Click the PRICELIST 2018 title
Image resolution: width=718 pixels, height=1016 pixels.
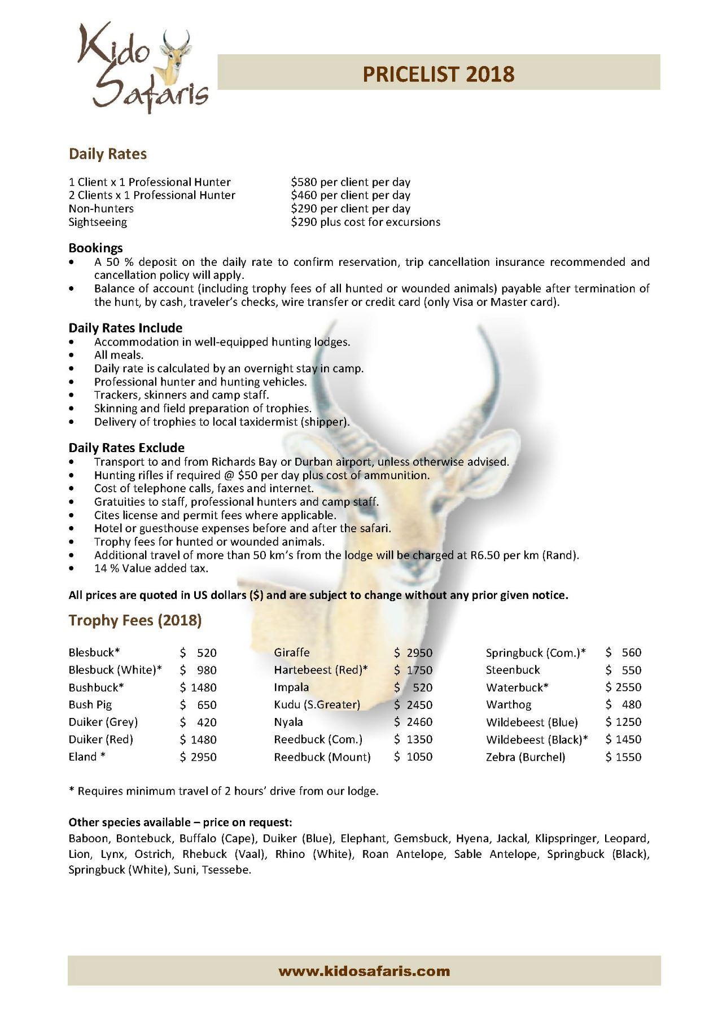coord(438,74)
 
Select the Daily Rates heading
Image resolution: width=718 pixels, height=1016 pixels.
coord(107,154)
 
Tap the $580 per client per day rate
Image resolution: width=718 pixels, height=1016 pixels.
coord(350,182)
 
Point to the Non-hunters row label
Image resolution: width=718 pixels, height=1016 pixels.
coord(101,209)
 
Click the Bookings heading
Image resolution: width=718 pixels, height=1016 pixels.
coord(95,248)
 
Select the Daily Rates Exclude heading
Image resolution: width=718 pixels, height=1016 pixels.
coord(126,448)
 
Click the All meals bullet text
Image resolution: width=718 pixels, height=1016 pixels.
coord(119,355)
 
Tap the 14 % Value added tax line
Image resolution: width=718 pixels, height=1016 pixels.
coord(151,568)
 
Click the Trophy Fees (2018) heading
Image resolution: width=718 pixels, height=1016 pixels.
coord(135,620)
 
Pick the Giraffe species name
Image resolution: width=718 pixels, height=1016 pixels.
coord(292,652)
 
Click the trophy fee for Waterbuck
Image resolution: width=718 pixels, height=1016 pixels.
coord(623,687)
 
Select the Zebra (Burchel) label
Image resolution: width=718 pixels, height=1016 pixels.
coord(525,757)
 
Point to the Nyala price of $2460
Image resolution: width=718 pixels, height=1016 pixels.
coord(413,722)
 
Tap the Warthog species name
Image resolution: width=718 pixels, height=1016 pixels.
coord(508,704)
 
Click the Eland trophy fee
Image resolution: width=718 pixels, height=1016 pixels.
coord(198,757)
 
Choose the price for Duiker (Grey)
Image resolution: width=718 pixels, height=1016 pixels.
coord(198,722)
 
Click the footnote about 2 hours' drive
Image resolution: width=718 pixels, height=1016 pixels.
coord(224,791)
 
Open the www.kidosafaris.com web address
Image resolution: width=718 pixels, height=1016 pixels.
coord(364,971)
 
